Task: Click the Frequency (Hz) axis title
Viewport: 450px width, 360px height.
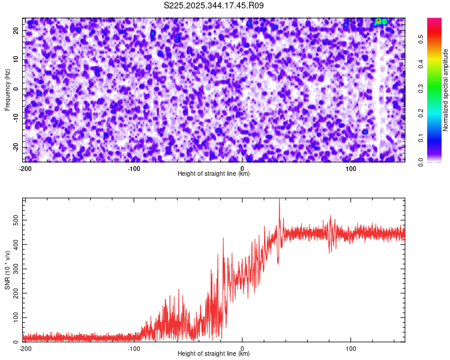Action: pyautogui.click(x=7, y=89)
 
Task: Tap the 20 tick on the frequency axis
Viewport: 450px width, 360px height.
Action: pyautogui.click(x=16, y=30)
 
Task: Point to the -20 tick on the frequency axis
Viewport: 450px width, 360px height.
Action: pyautogui.click(x=15, y=147)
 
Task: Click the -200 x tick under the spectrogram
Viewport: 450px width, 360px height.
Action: pyautogui.click(x=25, y=169)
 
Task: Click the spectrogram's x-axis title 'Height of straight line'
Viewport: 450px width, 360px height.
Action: pyautogui.click(x=214, y=174)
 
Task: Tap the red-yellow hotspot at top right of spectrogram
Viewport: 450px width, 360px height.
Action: pyautogui.click(x=379, y=22)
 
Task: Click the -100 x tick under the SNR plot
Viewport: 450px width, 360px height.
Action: pyautogui.click(x=134, y=349)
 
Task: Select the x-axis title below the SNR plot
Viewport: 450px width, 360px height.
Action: pyautogui.click(x=214, y=354)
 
